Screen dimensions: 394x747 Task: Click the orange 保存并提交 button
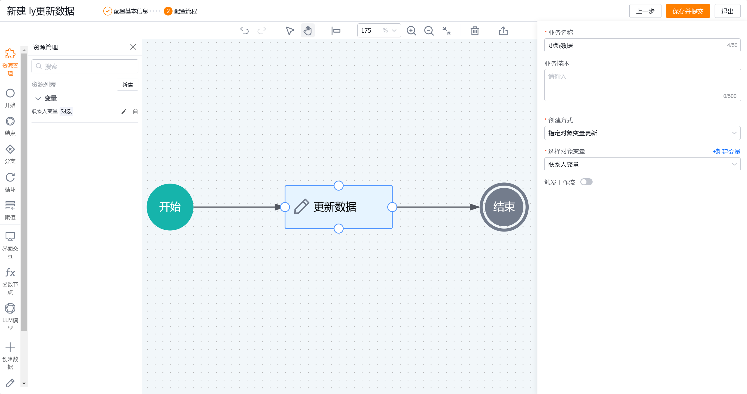687,11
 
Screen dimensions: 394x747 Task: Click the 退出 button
727,11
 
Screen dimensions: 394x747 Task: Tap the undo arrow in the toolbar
244,31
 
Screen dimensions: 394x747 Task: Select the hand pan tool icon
307,31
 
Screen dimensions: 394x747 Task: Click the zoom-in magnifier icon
411,31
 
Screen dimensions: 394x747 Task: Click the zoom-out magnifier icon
429,31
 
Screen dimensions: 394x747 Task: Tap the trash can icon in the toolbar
475,31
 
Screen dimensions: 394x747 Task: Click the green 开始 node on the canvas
170,207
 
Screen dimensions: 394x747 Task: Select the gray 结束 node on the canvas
504,207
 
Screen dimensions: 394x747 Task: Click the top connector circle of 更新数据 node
338,185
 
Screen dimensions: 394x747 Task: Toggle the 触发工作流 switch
586,182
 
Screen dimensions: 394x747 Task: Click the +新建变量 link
726,151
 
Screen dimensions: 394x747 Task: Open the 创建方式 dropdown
642,133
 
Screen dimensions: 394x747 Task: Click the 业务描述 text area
642,85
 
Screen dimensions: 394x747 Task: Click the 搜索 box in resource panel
85,66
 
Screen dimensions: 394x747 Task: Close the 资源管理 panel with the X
133,47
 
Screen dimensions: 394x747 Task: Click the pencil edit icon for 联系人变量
124,111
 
